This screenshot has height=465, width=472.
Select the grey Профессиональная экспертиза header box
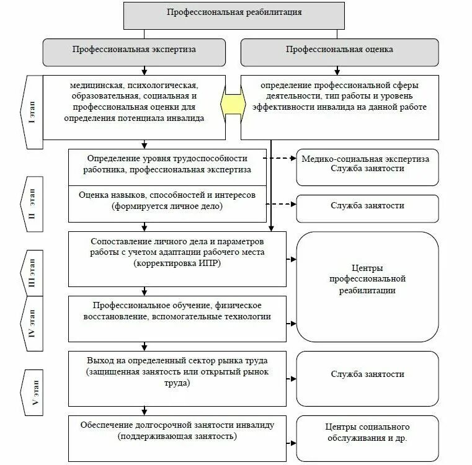tap(133, 53)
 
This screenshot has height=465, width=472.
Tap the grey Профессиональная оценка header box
tap(339, 53)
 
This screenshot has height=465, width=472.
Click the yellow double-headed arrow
tap(233, 106)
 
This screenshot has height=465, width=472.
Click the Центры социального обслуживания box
tap(367, 432)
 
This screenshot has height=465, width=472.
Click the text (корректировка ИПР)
tap(177, 264)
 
